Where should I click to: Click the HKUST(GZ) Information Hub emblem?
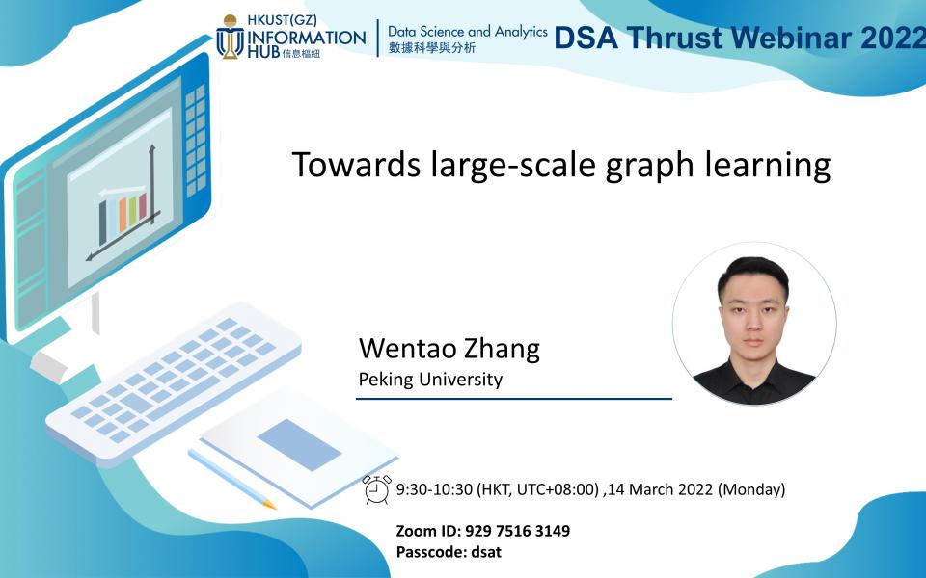pos(230,37)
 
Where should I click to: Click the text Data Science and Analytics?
pos(467,32)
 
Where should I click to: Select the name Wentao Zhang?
pos(449,348)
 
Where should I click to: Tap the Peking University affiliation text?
pos(430,379)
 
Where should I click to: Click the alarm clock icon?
pos(377,489)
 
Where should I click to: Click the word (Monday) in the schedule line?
pos(751,489)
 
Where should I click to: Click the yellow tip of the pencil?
pos(269,503)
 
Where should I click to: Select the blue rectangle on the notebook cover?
pos(299,444)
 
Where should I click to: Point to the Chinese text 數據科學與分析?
pos(431,48)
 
